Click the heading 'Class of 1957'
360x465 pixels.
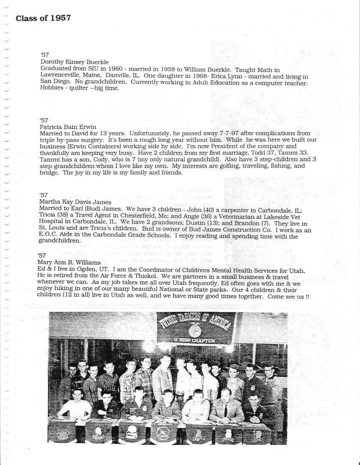pyautogui.click(x=43, y=18)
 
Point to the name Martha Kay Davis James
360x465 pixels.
pyautogui.click(x=75, y=202)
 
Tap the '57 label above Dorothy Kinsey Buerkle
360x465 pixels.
pyautogui.click(x=44, y=55)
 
